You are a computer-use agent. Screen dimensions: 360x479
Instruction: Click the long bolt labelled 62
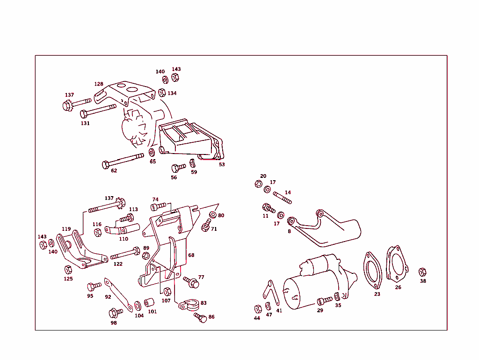coord(123,160)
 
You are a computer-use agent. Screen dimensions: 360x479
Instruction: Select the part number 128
coord(98,84)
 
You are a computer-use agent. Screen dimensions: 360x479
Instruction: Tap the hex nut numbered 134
coord(162,92)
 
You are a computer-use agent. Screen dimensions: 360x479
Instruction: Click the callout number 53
coord(222,165)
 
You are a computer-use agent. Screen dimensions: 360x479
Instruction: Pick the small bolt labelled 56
coord(178,167)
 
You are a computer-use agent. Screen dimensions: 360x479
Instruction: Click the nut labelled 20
coord(258,184)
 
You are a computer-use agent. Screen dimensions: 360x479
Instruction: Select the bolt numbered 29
coord(324,301)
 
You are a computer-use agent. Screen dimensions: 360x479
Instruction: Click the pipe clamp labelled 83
coord(189,305)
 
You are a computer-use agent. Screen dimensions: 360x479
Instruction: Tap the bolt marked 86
coord(200,317)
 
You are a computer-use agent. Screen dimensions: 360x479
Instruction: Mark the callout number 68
coord(191,256)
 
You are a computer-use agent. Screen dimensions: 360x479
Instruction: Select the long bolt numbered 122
coord(124,254)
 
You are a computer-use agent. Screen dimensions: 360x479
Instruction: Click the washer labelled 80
coord(212,214)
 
